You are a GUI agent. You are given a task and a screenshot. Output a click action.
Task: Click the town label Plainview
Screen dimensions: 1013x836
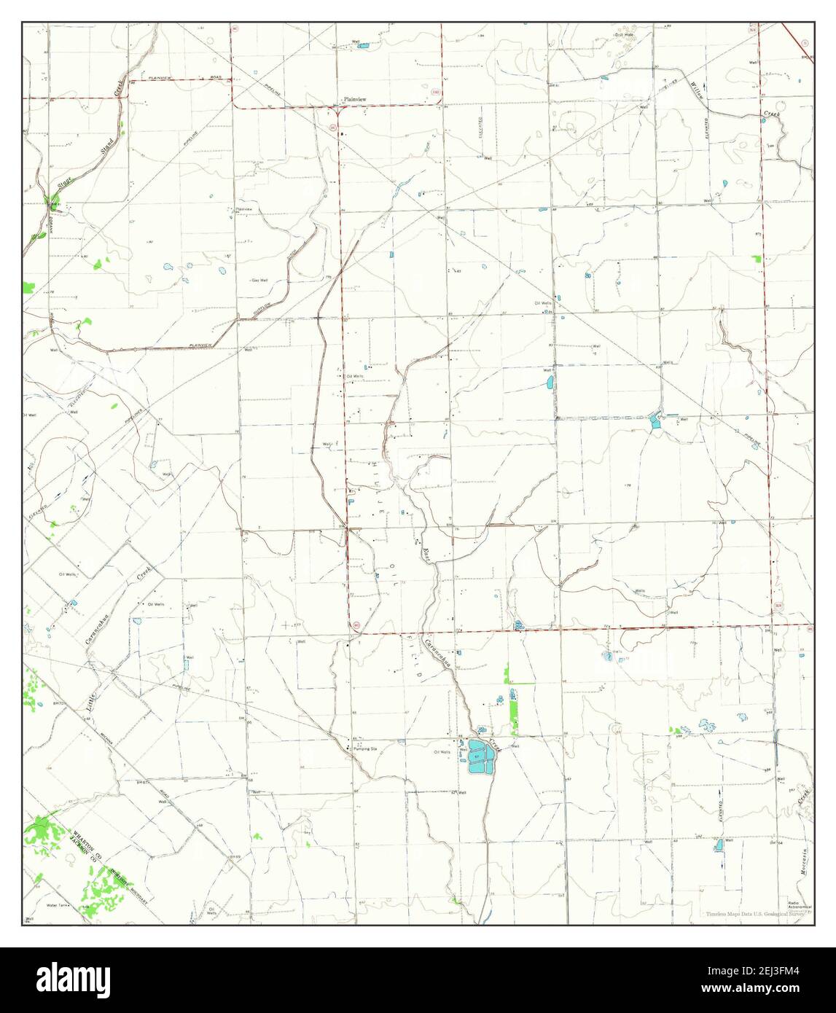pos(356,99)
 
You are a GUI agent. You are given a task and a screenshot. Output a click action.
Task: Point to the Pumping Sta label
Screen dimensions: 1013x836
pos(365,748)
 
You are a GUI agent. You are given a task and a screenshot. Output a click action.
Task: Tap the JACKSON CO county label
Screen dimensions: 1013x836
pos(82,850)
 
